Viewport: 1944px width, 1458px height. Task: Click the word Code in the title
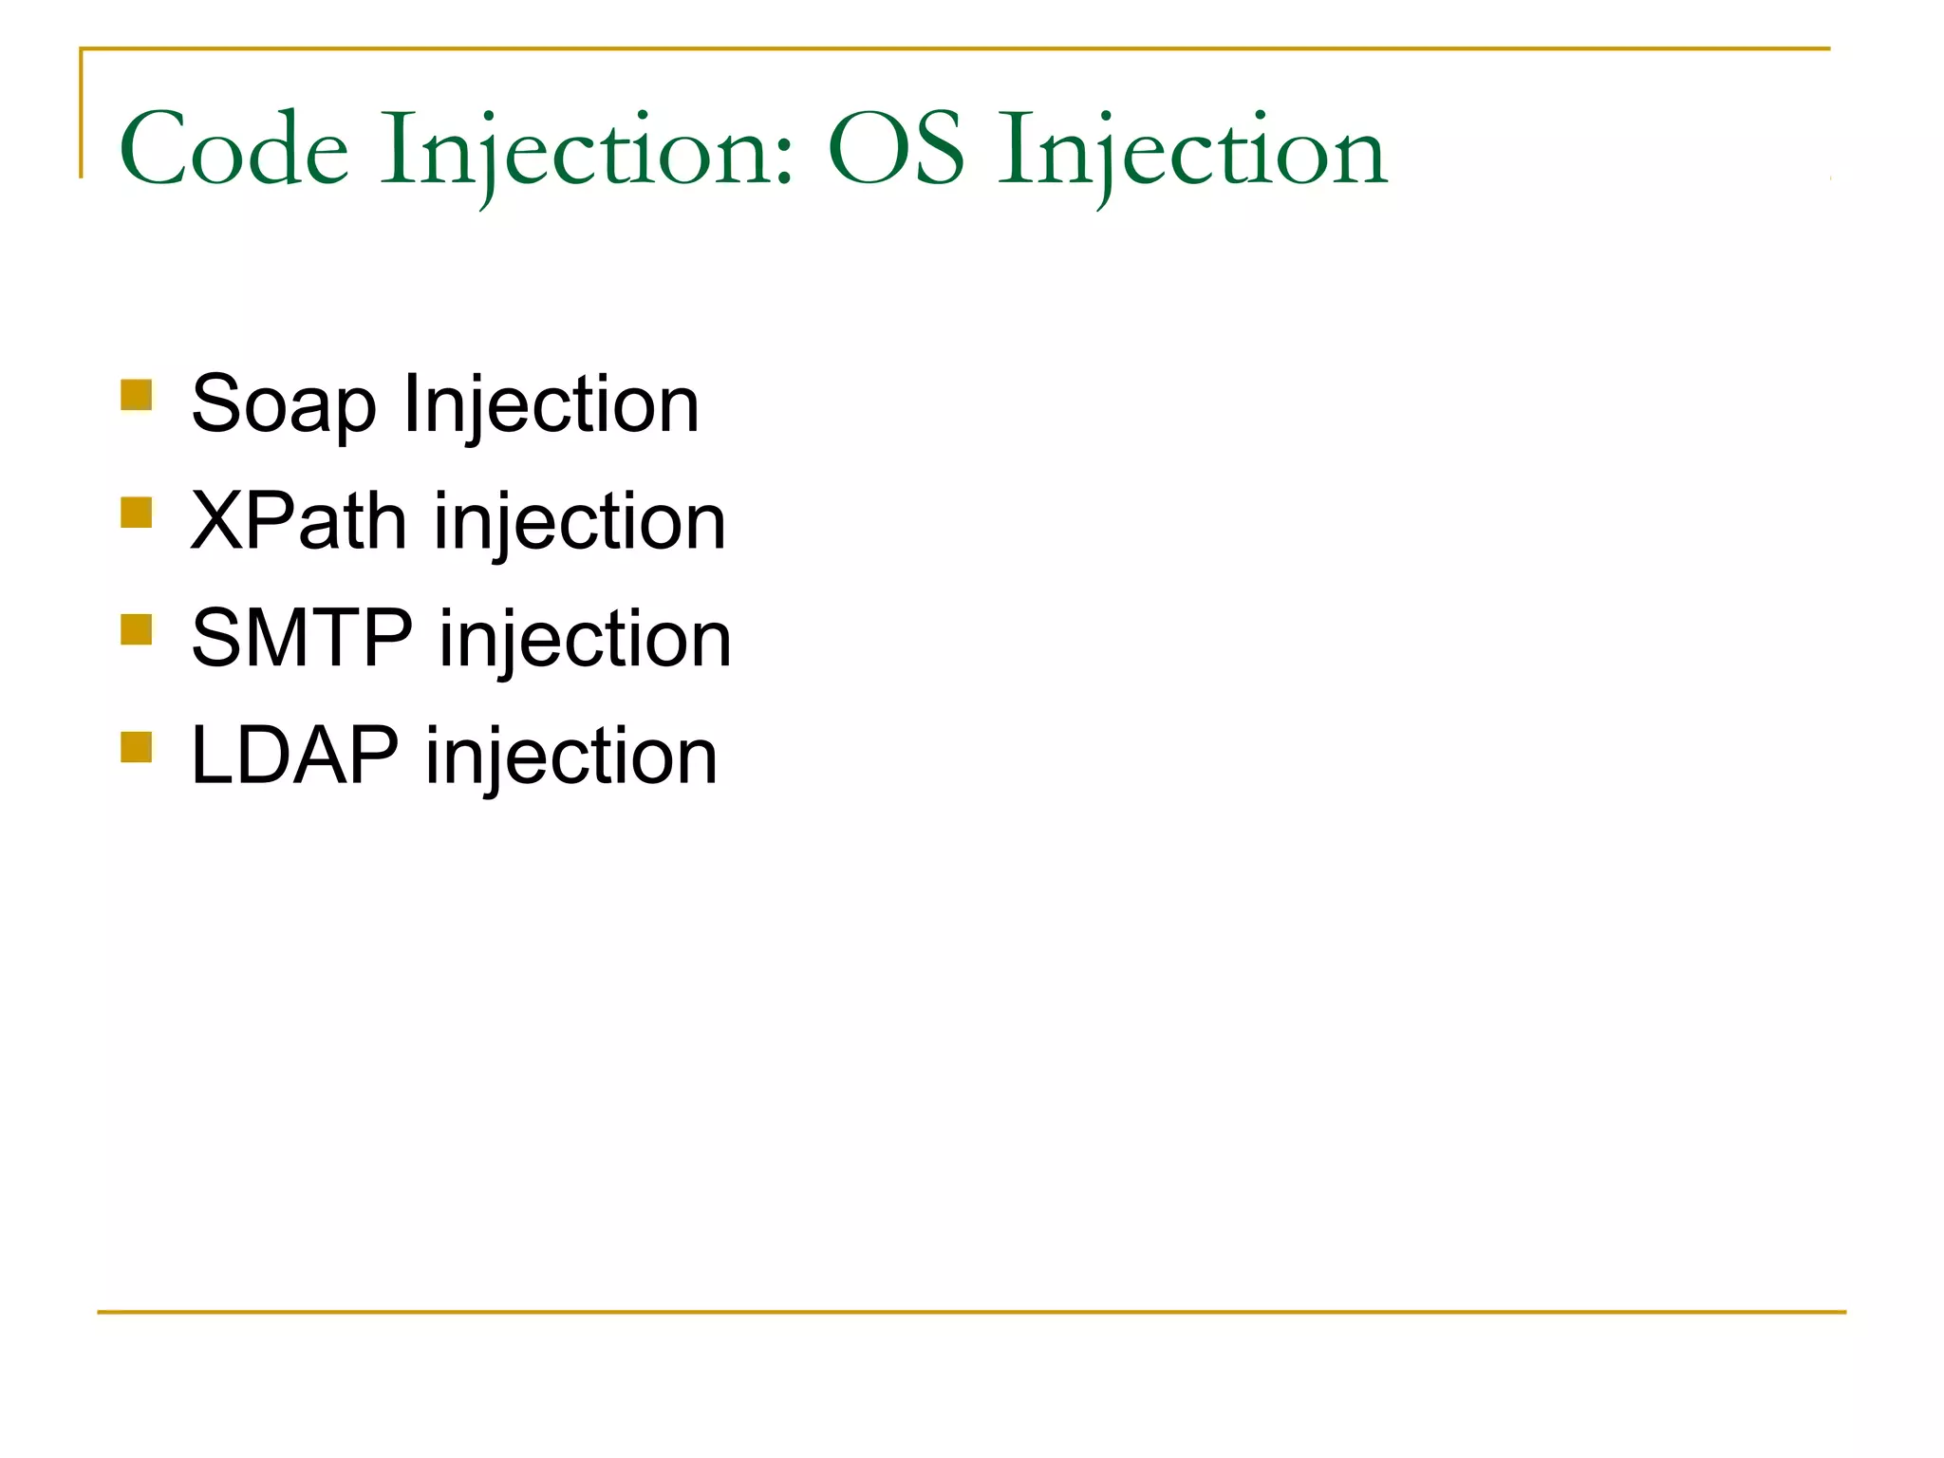[x=234, y=150]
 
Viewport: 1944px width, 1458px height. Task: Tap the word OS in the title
[x=896, y=150]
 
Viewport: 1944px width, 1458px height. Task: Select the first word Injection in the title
[x=579, y=152]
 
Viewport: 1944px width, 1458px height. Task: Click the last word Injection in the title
[x=1192, y=152]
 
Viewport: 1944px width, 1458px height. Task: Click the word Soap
[x=283, y=405]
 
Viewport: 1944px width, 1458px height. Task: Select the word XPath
[x=298, y=521]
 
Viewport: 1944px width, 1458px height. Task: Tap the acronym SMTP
[x=302, y=638]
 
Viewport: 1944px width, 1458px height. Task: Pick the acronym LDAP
[x=294, y=756]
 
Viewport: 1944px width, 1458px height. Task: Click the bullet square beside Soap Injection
[x=137, y=395]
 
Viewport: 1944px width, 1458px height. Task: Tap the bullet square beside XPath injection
[x=137, y=513]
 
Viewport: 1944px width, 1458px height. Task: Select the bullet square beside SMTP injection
[x=137, y=629]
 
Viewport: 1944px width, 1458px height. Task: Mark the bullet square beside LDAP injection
[x=137, y=747]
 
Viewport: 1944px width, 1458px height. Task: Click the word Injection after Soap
[x=551, y=405]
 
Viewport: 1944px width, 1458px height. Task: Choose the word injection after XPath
[x=580, y=523]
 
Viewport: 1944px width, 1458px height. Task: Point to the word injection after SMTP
[x=585, y=640]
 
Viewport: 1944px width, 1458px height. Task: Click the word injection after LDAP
[x=570, y=757]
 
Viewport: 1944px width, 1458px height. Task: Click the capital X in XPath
[x=217, y=521]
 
